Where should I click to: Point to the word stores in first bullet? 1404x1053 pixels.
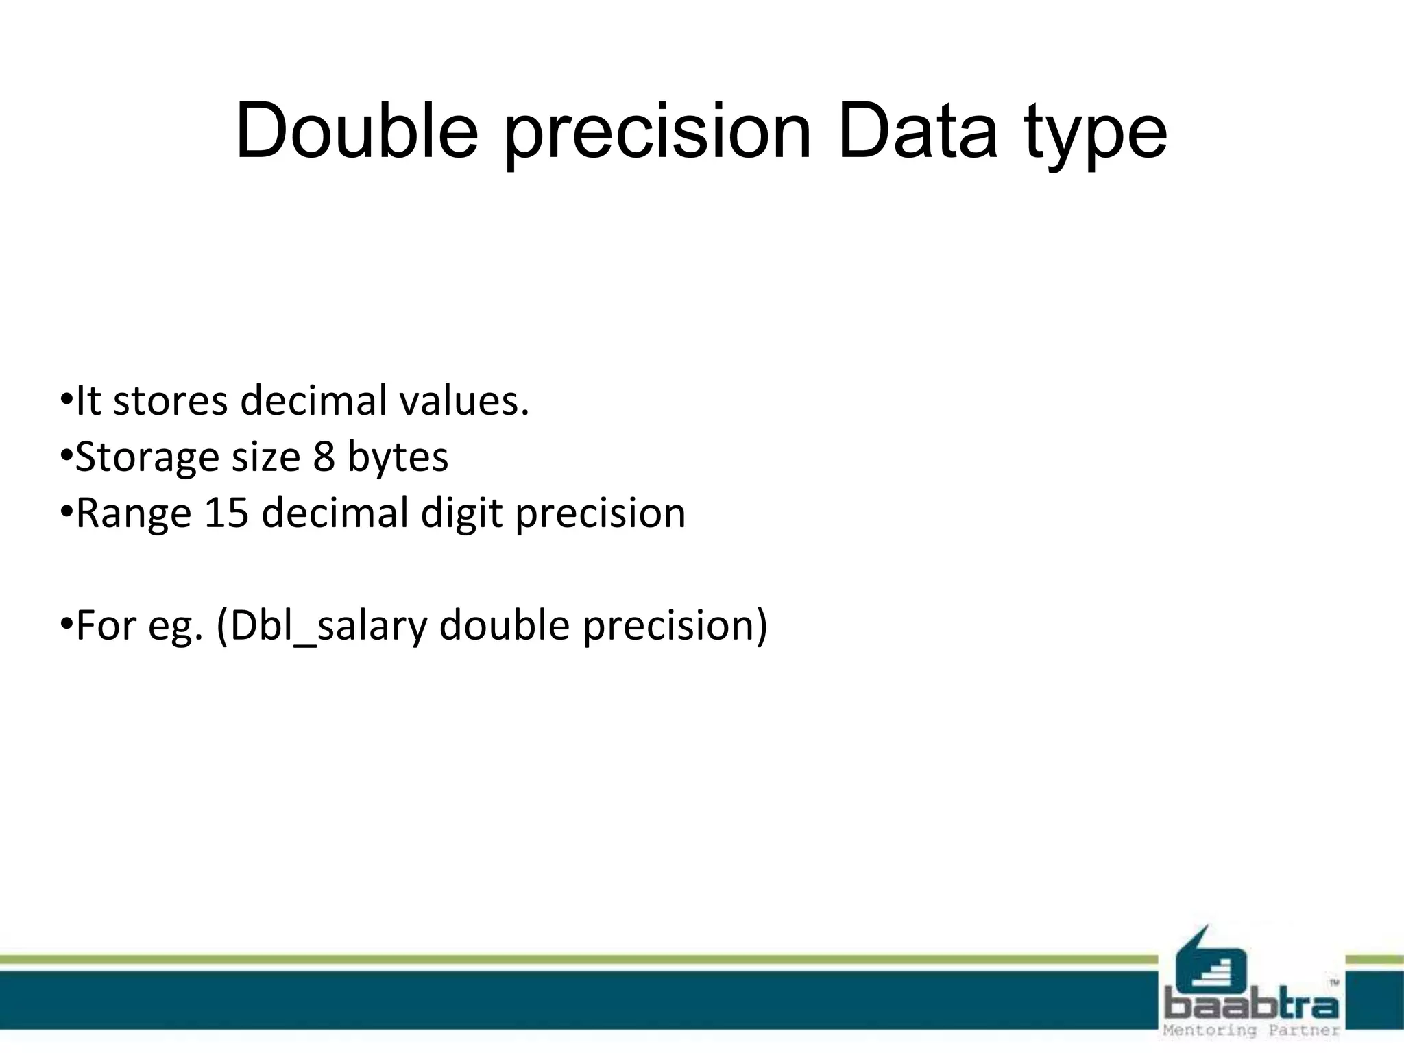(170, 401)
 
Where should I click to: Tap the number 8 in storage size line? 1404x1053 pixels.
(324, 457)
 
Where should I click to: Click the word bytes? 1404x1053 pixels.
(398, 458)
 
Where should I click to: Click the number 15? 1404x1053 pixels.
(226, 513)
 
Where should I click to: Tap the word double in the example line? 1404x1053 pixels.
(504, 625)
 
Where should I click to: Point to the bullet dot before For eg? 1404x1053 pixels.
(66, 623)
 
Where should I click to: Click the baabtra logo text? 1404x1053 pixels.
(1250, 1006)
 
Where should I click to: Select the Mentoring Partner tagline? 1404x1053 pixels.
(1250, 1030)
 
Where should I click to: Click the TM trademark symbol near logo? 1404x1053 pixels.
(1334, 982)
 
